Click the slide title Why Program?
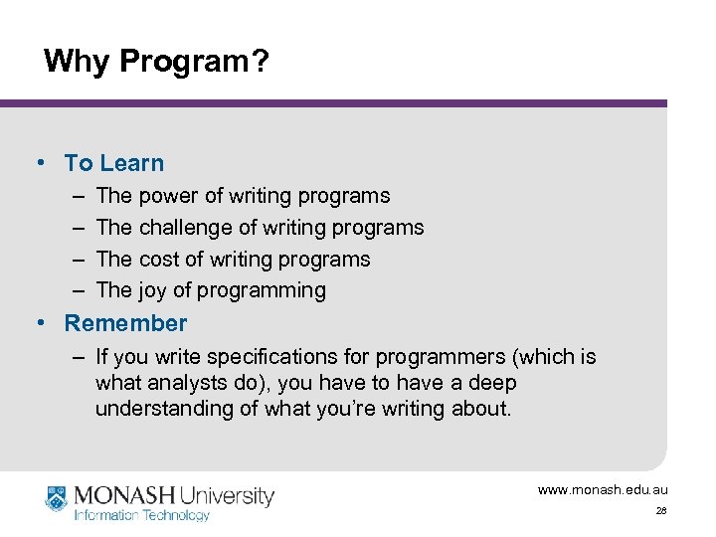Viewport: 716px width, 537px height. point(156,62)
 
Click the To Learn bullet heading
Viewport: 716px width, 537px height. point(113,163)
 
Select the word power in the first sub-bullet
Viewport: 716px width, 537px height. point(170,196)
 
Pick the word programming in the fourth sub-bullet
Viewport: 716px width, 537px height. point(264,291)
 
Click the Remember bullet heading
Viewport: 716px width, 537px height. point(125,323)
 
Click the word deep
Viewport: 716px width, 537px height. point(494,383)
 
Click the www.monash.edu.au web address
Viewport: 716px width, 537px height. point(603,490)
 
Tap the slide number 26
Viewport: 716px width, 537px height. point(661,511)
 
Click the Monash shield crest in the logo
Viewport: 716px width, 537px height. point(57,497)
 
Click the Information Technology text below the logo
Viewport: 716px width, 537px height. point(142,515)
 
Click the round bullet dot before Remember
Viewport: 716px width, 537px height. point(41,323)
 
